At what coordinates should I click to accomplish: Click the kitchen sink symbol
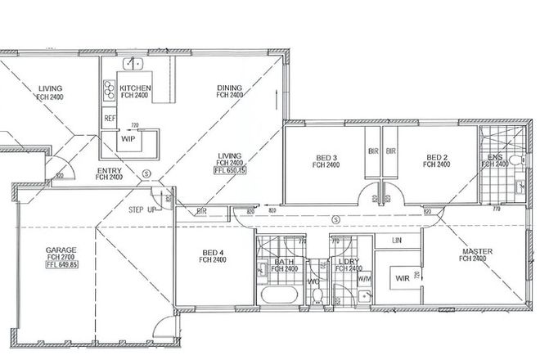tap(132, 63)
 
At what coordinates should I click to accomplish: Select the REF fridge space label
tap(110, 119)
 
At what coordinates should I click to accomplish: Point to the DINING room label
tap(230, 88)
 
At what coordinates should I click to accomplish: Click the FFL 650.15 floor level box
tap(230, 171)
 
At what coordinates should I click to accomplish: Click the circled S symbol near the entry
tap(146, 173)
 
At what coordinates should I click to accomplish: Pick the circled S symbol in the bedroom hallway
tap(337, 218)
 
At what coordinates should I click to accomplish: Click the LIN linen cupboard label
tap(397, 241)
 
